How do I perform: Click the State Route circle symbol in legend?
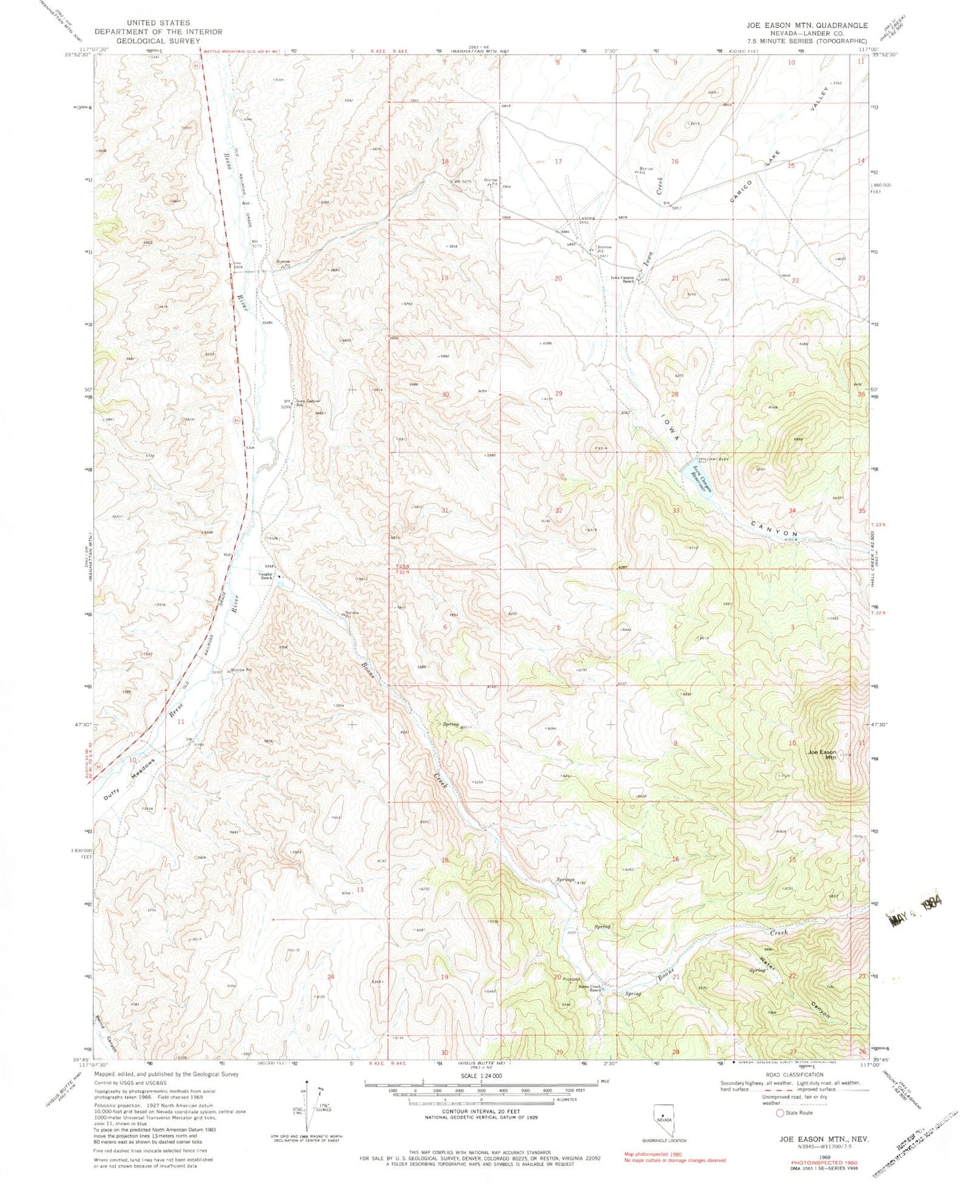[770, 1113]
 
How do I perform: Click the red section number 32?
[558, 510]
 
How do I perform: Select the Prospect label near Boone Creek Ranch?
[570, 979]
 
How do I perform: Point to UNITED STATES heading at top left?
[158, 23]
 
